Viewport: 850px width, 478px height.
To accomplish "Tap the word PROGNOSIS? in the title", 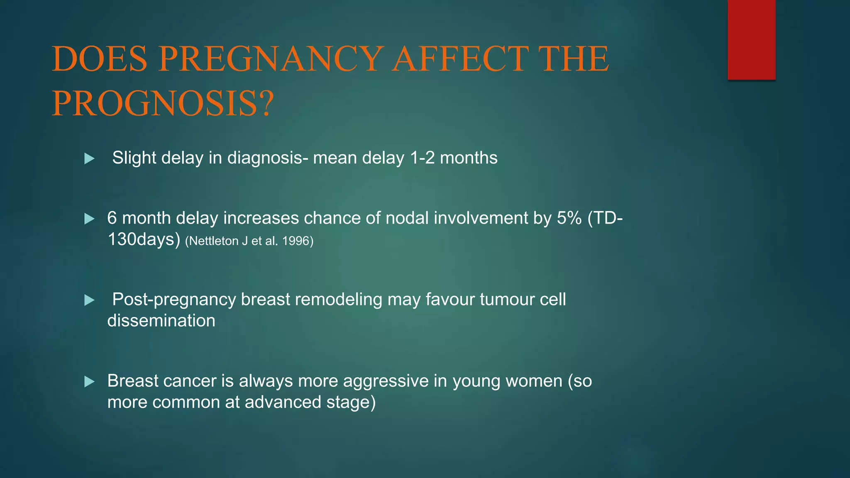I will pyautogui.click(x=163, y=103).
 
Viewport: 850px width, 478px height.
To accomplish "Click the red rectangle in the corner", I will pyautogui.click(x=751, y=39).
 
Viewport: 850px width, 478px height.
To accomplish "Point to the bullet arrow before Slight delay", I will pyautogui.click(x=89, y=159).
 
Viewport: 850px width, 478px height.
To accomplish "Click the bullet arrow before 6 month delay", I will pyautogui.click(x=89, y=219).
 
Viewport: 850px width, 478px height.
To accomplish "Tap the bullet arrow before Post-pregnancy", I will pyautogui.click(x=89, y=300).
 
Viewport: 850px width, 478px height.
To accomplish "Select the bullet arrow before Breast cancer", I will pyautogui.click(x=89, y=381).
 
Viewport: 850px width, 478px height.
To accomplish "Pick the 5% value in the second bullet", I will pyautogui.click(x=569, y=218).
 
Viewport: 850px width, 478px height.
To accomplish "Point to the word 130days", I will pyautogui.click(x=144, y=239).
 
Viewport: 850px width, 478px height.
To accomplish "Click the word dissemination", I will pyautogui.click(x=161, y=321).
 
